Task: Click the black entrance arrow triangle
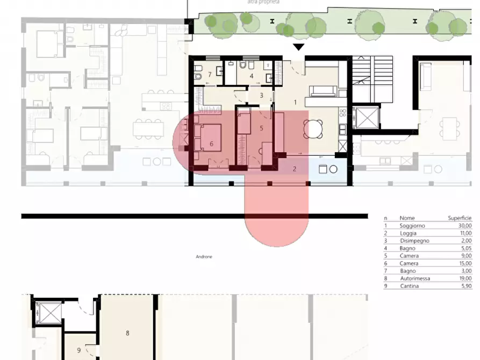click(x=298, y=47)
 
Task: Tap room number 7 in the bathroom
click(x=210, y=74)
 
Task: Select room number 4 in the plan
click(x=252, y=76)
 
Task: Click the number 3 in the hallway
click(x=261, y=96)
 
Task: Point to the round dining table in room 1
click(x=313, y=129)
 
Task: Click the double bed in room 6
click(x=208, y=138)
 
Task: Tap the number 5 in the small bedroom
click(x=261, y=128)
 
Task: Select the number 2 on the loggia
click(x=295, y=169)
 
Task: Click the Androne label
click(x=204, y=256)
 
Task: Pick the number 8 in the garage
click(x=127, y=333)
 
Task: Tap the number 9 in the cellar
click(x=78, y=350)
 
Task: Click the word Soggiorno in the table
click(x=412, y=226)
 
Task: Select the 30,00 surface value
click(x=465, y=226)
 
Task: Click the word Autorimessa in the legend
click(x=415, y=278)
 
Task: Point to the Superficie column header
click(x=460, y=218)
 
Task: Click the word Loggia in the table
click(x=408, y=233)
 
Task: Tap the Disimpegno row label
click(x=414, y=241)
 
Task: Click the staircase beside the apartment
click(x=372, y=79)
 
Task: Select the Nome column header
click(x=407, y=218)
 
